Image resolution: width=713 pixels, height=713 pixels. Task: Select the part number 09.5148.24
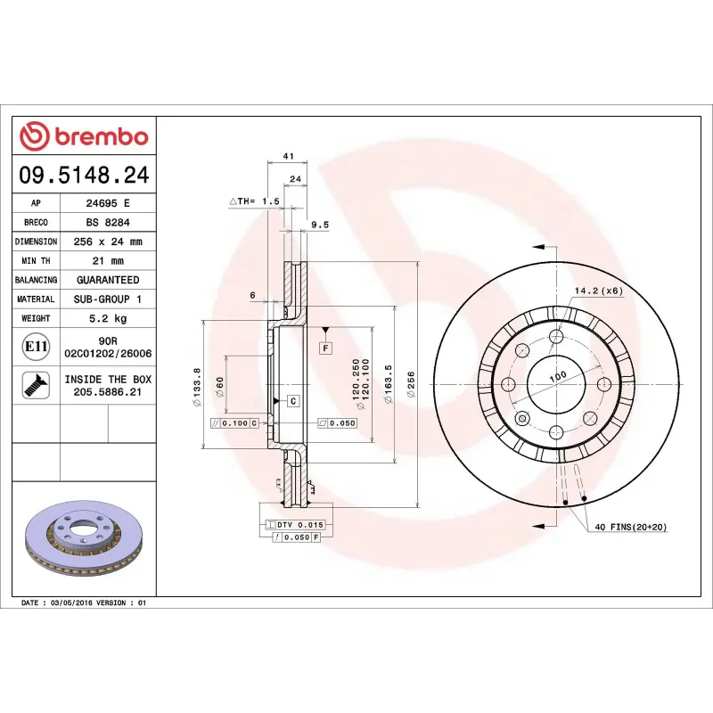click(85, 175)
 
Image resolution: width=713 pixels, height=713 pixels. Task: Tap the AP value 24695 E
click(107, 203)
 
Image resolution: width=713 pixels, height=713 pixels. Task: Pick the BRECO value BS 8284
click(107, 222)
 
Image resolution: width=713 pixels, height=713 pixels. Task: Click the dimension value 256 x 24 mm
click(107, 242)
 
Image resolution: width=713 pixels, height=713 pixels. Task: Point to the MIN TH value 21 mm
click(107, 261)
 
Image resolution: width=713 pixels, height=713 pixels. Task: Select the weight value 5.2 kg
click(107, 318)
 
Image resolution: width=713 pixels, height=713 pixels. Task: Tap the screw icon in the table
click(36, 385)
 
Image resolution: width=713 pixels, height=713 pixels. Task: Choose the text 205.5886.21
click(107, 391)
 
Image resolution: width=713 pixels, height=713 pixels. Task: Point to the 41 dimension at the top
click(288, 156)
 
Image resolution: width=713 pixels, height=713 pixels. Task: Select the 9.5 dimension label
click(320, 225)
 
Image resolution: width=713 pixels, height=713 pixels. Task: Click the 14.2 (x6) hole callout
click(597, 291)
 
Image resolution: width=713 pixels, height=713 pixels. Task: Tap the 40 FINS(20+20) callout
click(630, 528)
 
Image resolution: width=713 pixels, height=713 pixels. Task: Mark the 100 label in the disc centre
click(557, 377)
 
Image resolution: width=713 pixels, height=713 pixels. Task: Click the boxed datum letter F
click(326, 347)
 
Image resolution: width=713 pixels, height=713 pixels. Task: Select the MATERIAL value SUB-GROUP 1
click(107, 299)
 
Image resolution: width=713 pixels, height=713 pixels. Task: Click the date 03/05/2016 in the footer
click(73, 603)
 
